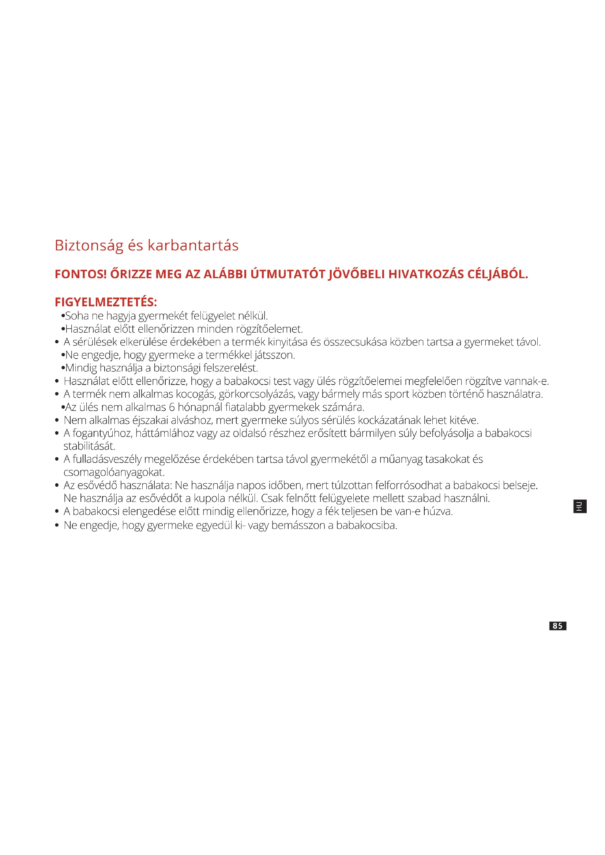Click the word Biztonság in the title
[x=89, y=246]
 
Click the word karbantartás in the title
[x=193, y=246]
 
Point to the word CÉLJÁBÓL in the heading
[x=497, y=275]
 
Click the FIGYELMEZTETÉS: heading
[x=106, y=302]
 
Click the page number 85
[x=557, y=626]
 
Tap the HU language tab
[x=580, y=507]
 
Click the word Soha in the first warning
[x=77, y=316]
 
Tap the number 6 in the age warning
[x=172, y=407]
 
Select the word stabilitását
[x=89, y=446]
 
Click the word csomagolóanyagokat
[x=114, y=473]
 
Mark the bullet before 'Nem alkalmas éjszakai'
[x=57, y=421]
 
